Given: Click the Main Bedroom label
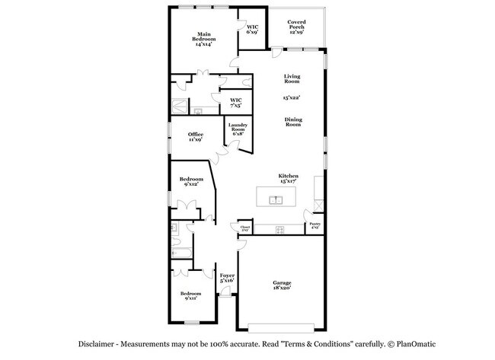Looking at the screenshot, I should pyautogui.click(x=203, y=38).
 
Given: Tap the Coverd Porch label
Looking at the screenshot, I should pyautogui.click(x=296, y=27).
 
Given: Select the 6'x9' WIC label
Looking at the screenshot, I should pyautogui.click(x=252, y=30).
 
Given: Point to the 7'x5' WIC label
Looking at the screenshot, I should pyautogui.click(x=236, y=102).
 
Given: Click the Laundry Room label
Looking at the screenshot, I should pyautogui.click(x=238, y=130).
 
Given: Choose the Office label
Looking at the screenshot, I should pyautogui.click(x=196, y=137).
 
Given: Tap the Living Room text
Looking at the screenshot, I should pyautogui.click(x=292, y=79).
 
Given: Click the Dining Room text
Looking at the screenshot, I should pyautogui.click(x=293, y=122).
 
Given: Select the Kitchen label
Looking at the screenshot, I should pyautogui.click(x=287, y=178).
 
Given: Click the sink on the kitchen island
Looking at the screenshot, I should pyautogui.click(x=277, y=200).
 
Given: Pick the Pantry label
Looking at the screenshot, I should pyautogui.click(x=315, y=225).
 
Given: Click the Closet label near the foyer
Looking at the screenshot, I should pyautogui.click(x=245, y=228).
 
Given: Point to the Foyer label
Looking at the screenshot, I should pyautogui.click(x=227, y=278).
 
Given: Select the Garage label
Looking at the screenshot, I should pyautogui.click(x=282, y=285).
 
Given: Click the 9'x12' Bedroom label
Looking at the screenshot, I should pyautogui.click(x=191, y=181).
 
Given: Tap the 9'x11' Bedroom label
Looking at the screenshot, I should pyautogui.click(x=191, y=296).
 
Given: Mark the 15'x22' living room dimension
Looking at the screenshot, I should pyautogui.click(x=292, y=98).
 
